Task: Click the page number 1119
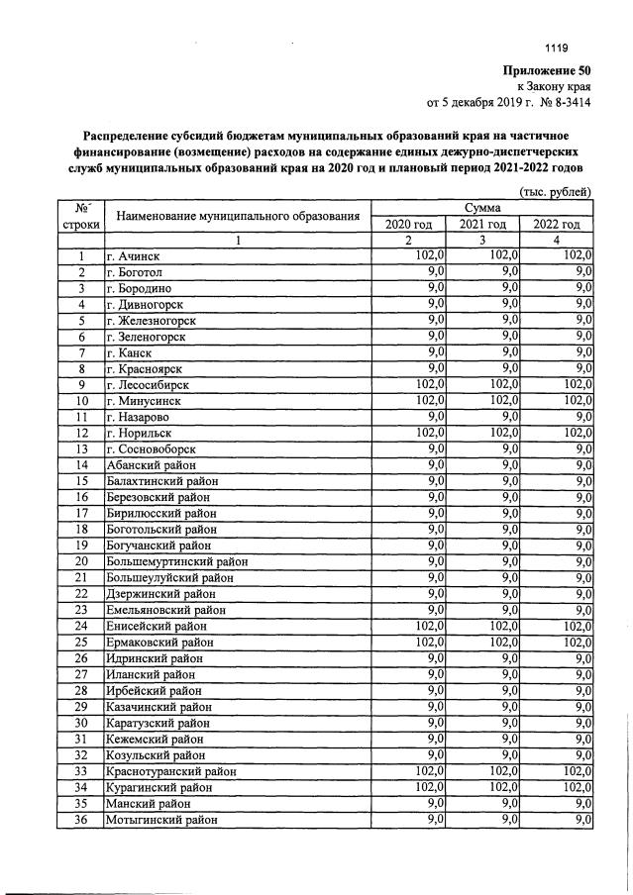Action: point(557,48)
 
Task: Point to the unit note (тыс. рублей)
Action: point(555,191)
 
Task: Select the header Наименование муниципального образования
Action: point(237,216)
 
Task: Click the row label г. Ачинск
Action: point(133,256)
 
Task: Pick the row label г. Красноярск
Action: point(146,368)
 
